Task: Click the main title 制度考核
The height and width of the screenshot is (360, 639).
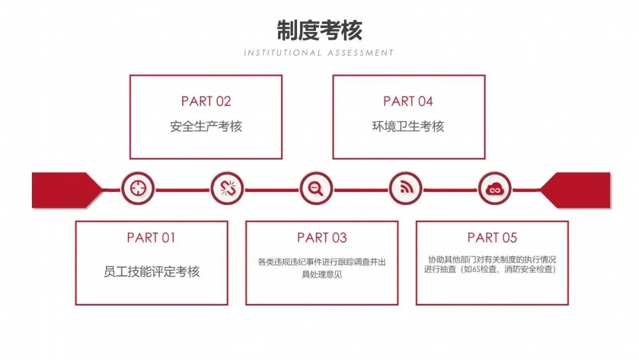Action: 319,30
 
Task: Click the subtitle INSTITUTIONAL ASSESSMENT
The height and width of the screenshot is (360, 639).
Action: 319,53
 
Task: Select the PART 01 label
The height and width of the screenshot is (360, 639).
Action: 151,238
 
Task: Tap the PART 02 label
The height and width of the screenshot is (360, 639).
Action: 206,101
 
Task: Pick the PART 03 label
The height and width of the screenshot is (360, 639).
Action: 322,238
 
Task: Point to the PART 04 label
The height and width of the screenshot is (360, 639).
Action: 408,101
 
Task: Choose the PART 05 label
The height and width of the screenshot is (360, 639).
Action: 492,238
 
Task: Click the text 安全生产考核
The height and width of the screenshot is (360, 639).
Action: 206,126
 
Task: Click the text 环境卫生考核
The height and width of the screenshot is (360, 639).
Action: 408,126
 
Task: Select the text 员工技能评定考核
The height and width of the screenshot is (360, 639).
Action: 151,272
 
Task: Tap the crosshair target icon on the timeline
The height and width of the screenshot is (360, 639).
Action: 138,189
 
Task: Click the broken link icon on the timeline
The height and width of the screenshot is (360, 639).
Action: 227,189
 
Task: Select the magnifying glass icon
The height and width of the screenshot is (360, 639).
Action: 316,189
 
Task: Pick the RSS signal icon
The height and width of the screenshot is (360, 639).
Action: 405,189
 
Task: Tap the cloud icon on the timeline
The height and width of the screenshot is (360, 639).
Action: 494,189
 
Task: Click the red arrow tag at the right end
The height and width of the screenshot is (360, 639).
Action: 577,190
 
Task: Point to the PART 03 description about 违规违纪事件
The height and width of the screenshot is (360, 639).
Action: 322,268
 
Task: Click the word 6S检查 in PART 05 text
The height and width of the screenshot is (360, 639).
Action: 476,269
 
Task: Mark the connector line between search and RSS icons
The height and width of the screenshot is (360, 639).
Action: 361,190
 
